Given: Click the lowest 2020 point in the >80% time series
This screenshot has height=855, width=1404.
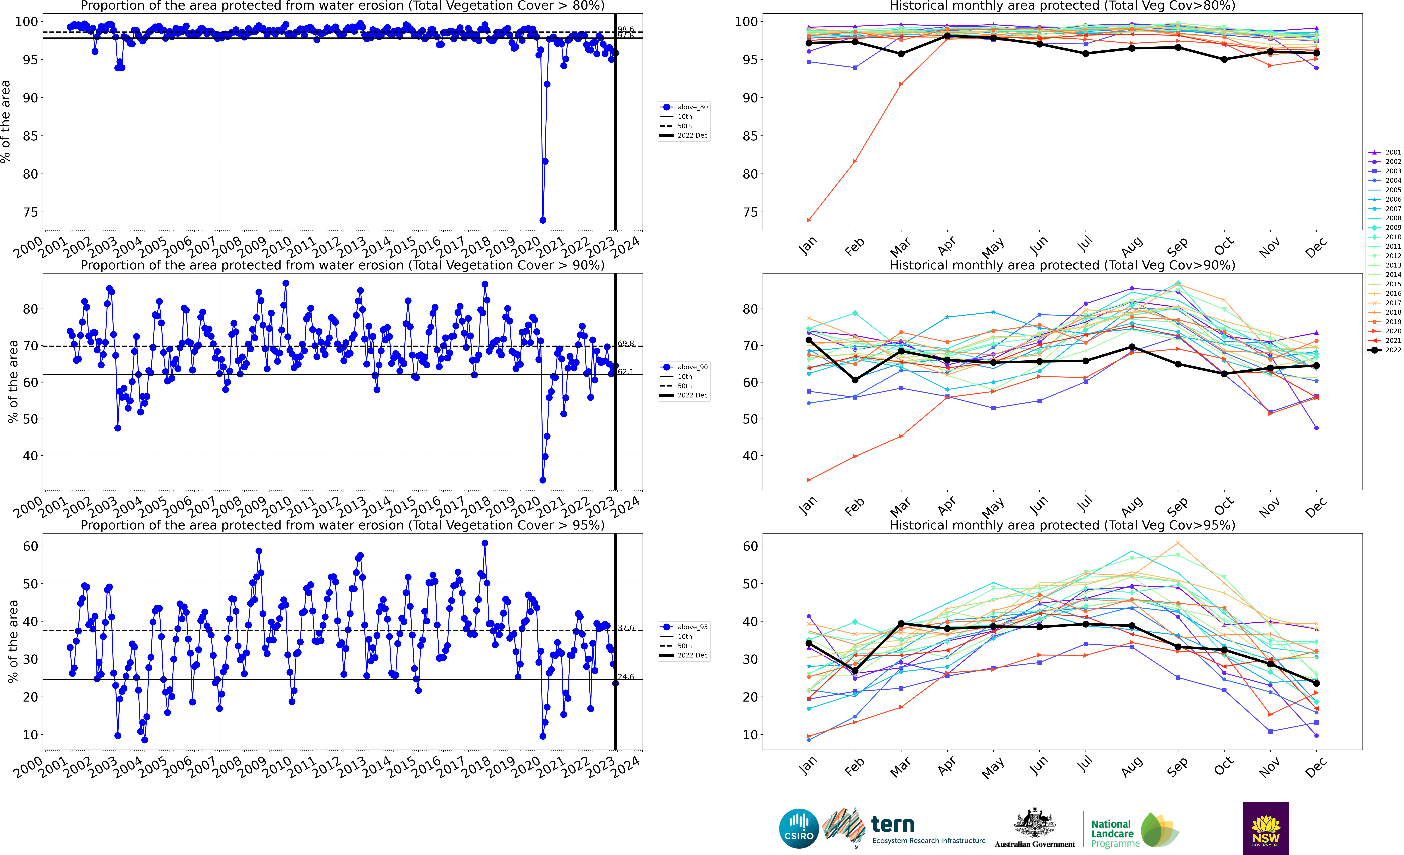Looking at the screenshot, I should (543, 220).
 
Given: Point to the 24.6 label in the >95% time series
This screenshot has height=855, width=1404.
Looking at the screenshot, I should (626, 677).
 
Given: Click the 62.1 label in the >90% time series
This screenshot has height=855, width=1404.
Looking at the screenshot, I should (626, 372).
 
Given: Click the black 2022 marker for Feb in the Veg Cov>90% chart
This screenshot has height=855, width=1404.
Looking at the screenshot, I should (855, 380).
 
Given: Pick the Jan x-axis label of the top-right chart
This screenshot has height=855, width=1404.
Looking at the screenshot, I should (808, 246).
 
